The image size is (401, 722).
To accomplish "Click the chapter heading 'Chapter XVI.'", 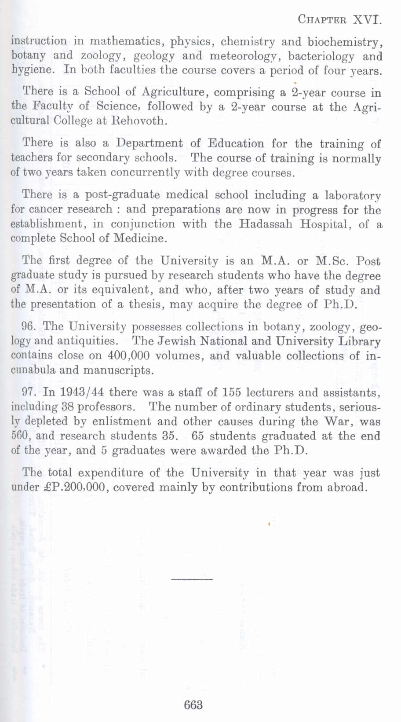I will [339, 19].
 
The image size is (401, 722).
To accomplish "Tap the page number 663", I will [193, 704].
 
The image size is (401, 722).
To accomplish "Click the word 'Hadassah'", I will [266, 224].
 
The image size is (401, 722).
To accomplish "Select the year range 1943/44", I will [81, 392].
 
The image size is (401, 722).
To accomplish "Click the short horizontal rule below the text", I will [192, 579].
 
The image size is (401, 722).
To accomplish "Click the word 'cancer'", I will [44, 209].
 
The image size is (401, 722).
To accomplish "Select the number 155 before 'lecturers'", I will [232, 392].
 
